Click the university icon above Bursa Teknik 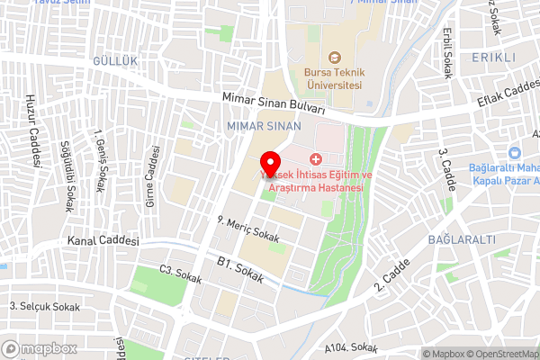(334, 58)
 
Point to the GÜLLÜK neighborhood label (114, 59)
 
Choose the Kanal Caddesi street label (103, 242)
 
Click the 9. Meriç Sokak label (248, 229)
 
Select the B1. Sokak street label (240, 270)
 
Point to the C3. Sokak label (178, 271)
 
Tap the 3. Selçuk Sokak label (45, 306)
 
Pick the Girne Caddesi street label (152, 175)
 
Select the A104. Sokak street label (350, 346)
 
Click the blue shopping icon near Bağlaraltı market (516, 155)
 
